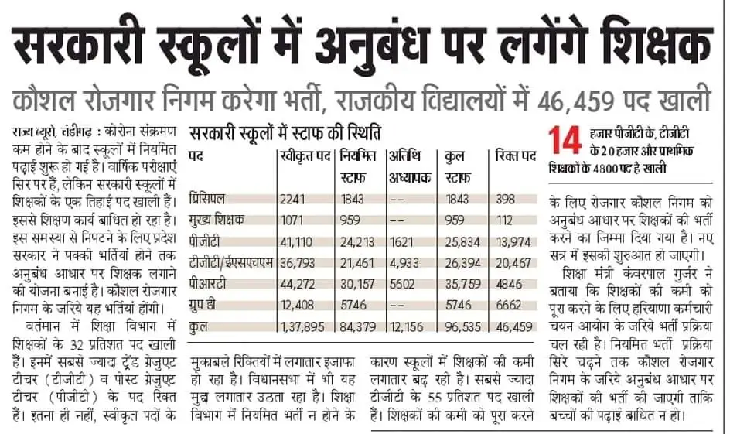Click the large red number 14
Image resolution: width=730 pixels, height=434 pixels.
565,140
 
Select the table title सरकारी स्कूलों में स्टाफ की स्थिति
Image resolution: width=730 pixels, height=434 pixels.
285,134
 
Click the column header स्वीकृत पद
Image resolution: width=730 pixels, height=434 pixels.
305,156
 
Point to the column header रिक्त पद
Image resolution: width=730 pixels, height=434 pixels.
515,156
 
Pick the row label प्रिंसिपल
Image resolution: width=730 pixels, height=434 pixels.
207,199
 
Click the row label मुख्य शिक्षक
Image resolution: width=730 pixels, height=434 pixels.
217,220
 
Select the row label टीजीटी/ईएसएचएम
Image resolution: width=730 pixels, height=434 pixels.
231,262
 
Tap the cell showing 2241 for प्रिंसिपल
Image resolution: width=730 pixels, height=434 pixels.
292,200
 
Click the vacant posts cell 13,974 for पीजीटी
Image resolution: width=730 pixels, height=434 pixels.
513,241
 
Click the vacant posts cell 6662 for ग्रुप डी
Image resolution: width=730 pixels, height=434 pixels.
508,306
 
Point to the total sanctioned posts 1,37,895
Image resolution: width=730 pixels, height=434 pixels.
302,327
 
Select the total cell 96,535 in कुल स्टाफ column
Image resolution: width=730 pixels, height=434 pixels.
462,327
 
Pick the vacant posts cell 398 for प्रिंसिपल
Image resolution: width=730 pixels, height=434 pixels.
505,200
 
